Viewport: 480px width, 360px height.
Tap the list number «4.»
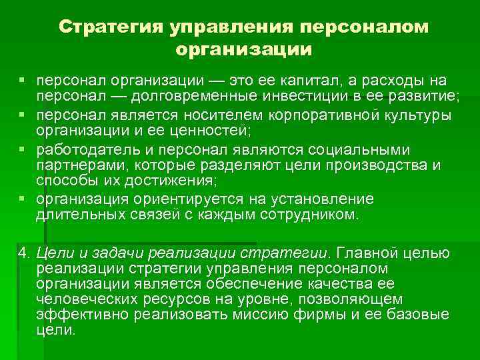click(x=25, y=253)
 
